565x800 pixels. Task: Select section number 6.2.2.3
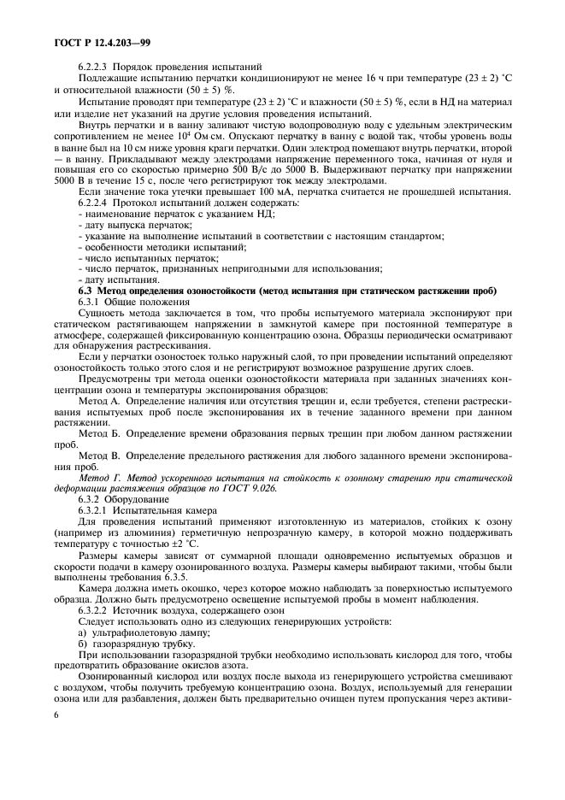(x=96, y=67)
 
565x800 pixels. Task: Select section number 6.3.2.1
(x=96, y=508)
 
